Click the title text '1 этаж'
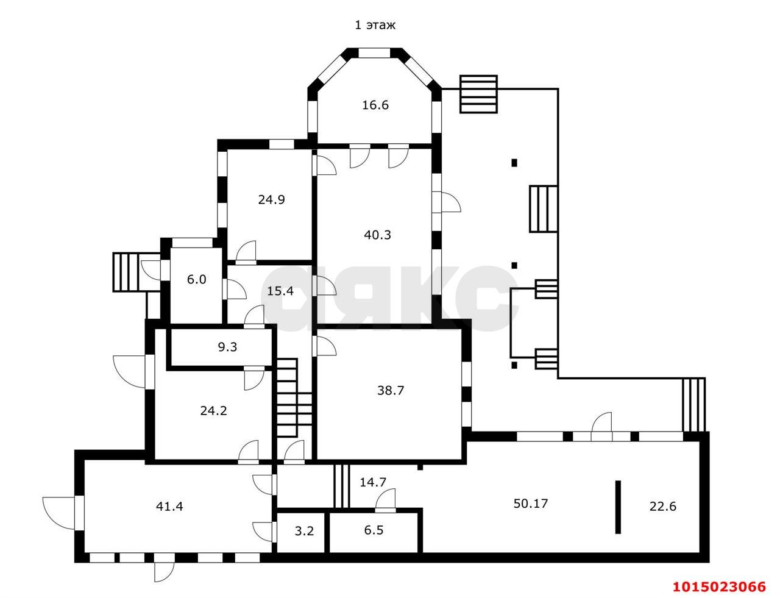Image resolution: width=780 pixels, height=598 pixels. (375, 25)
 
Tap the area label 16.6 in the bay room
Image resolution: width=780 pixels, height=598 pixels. (375, 105)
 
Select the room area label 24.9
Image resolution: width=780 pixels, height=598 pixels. (271, 199)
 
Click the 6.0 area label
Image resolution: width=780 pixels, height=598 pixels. (196, 280)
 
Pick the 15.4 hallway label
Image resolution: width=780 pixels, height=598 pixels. (280, 291)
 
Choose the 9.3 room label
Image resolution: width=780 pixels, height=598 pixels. (227, 347)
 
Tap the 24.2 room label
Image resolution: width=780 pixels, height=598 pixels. (213, 411)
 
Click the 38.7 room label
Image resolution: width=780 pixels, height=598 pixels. (390, 391)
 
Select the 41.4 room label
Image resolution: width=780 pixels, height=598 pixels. (169, 505)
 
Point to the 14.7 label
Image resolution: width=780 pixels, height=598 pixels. (373, 482)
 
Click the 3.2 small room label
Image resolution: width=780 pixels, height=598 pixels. (304, 530)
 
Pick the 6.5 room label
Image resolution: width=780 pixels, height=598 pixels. (374, 530)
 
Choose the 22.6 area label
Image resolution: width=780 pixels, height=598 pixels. (662, 506)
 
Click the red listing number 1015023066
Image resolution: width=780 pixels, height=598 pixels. (718, 587)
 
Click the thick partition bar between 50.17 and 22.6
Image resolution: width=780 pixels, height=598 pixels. (618, 507)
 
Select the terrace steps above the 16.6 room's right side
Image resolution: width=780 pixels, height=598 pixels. (479, 94)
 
